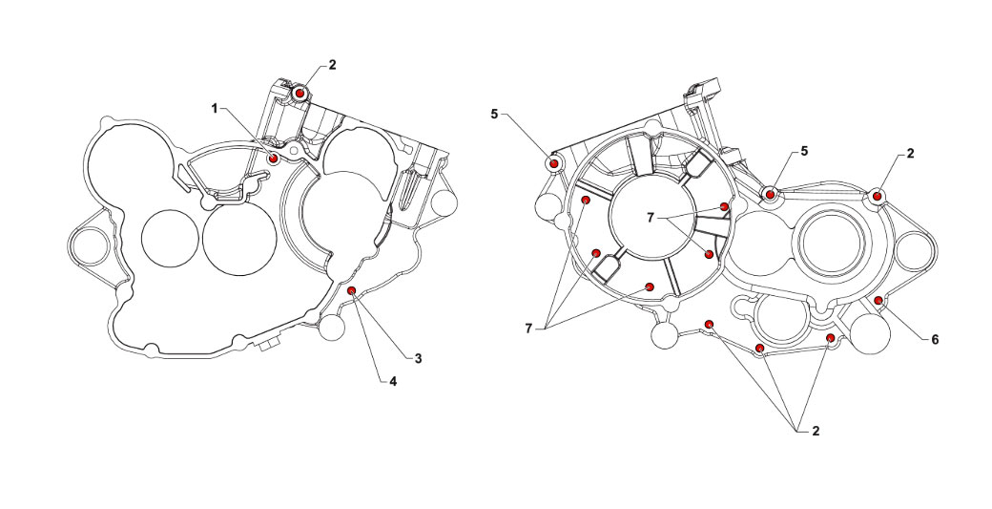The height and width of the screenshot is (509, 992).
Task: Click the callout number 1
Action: pos(215,109)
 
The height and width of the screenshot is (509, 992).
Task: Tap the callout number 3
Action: pos(418,358)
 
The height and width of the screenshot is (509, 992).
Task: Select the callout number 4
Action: pos(393,381)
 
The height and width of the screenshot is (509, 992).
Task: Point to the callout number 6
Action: pos(935,340)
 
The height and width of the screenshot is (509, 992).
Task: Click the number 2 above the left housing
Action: pos(332,65)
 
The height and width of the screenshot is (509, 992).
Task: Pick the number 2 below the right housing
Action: pos(816,431)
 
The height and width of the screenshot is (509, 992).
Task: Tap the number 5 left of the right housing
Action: pos(495,114)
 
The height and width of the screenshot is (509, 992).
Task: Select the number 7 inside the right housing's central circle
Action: pos(651,217)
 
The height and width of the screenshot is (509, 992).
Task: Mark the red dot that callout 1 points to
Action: pos(274,158)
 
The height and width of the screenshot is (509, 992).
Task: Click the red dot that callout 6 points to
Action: pos(878,300)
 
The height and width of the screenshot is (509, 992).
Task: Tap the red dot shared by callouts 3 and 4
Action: pos(352,290)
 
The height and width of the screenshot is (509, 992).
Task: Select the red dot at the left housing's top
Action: pos(300,94)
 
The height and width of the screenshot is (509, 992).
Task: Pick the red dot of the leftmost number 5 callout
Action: pos(553,163)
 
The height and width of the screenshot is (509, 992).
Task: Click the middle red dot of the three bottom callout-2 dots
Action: pos(760,349)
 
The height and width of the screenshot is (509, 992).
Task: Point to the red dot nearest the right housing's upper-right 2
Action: pos(877,197)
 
